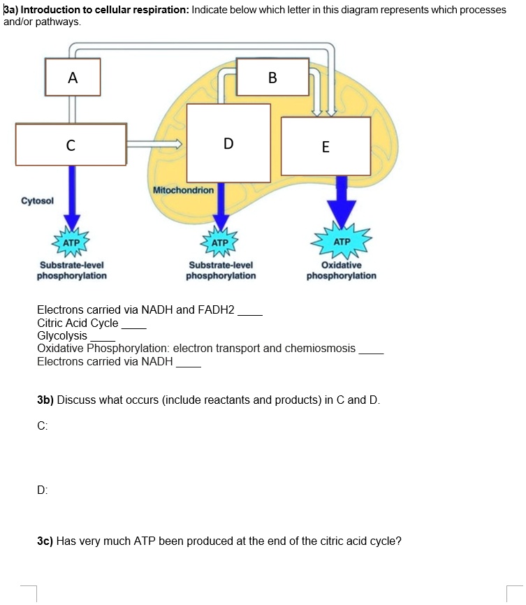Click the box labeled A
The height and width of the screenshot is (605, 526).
click(73, 77)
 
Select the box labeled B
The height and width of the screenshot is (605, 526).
click(273, 77)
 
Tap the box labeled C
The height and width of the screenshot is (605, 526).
click(71, 145)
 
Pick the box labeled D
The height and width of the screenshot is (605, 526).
click(228, 143)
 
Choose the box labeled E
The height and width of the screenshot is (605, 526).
click(326, 146)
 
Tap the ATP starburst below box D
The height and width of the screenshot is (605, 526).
click(220, 242)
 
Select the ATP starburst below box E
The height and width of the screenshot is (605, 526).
click(342, 241)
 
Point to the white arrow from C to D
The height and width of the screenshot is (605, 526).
click(155, 145)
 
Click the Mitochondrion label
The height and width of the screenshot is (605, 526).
click(183, 190)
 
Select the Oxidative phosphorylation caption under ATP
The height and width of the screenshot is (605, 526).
click(342, 270)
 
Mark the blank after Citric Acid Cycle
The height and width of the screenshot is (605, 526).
click(134, 326)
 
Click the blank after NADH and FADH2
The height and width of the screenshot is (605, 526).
click(250, 312)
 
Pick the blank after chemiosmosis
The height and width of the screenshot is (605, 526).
click(371, 350)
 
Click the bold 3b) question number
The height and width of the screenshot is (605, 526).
click(45, 400)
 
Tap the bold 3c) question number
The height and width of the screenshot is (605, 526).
click(45, 540)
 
